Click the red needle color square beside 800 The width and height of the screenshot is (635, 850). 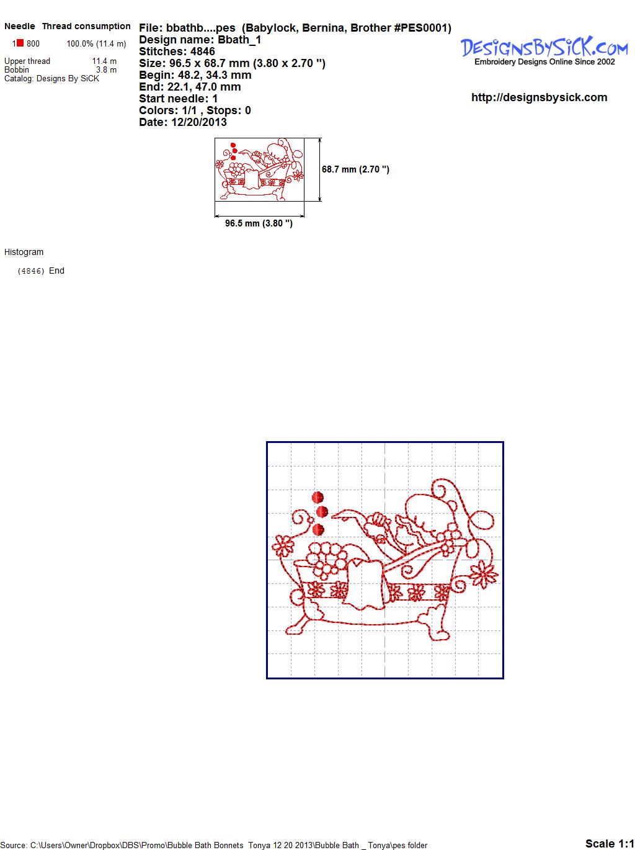coord(20,43)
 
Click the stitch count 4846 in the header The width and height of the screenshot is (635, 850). coord(202,51)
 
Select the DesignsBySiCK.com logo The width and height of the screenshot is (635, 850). coord(544,51)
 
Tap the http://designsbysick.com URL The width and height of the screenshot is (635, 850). coord(539,97)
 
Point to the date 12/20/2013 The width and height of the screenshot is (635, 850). coord(199,122)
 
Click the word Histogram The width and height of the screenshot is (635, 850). coord(24,252)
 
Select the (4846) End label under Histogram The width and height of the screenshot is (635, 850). coord(41,271)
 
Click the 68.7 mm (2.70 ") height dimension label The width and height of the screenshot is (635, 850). coord(355,169)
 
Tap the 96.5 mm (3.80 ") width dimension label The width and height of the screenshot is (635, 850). coord(259,223)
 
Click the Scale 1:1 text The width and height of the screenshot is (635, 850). coord(610,843)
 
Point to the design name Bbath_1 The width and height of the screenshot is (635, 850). coord(239,40)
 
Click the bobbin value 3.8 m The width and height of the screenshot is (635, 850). coord(107,69)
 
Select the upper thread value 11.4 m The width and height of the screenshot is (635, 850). coord(104,61)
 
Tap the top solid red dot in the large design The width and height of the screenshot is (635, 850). coord(317,498)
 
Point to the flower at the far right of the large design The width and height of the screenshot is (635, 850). coord(483,574)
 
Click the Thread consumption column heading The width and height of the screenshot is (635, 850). coord(86,26)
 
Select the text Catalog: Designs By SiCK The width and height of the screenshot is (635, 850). coord(52,79)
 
